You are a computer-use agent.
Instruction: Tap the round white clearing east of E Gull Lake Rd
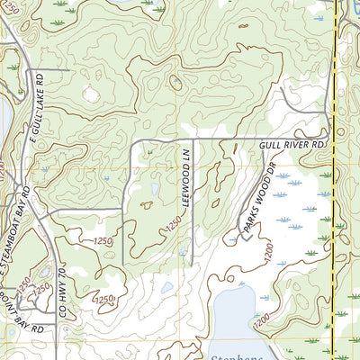(x=90, y=92)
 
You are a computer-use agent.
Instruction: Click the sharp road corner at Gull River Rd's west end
(x=133, y=142)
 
